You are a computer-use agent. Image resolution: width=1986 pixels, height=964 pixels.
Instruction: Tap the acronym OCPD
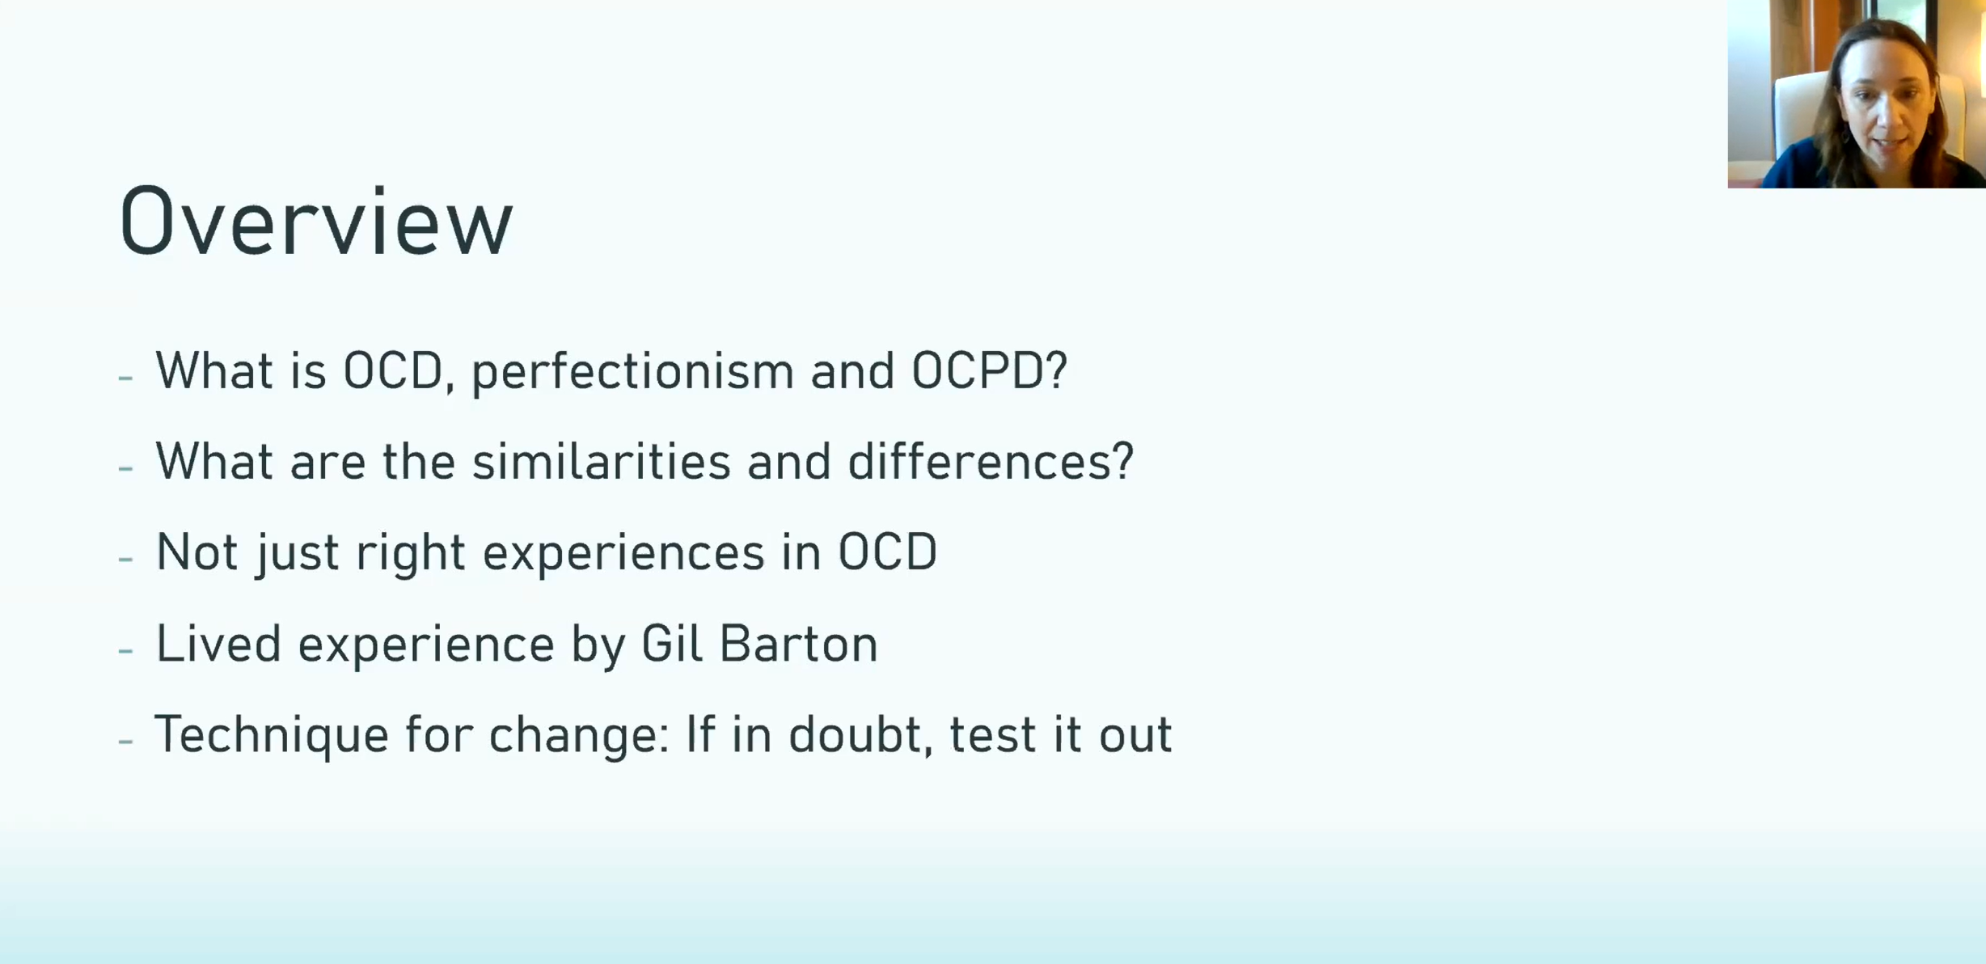point(979,370)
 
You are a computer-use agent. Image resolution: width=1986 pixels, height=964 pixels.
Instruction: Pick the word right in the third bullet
point(411,554)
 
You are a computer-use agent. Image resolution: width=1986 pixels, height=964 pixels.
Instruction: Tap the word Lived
point(218,644)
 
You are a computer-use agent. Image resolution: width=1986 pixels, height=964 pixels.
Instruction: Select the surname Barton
point(798,644)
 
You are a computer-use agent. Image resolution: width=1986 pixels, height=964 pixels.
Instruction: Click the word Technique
point(272,736)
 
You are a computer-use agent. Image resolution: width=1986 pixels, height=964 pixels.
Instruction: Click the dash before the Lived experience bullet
point(125,649)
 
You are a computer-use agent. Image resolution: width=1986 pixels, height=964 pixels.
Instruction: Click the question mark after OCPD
point(1058,370)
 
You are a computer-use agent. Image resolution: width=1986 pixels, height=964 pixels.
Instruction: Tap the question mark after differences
point(1124,461)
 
